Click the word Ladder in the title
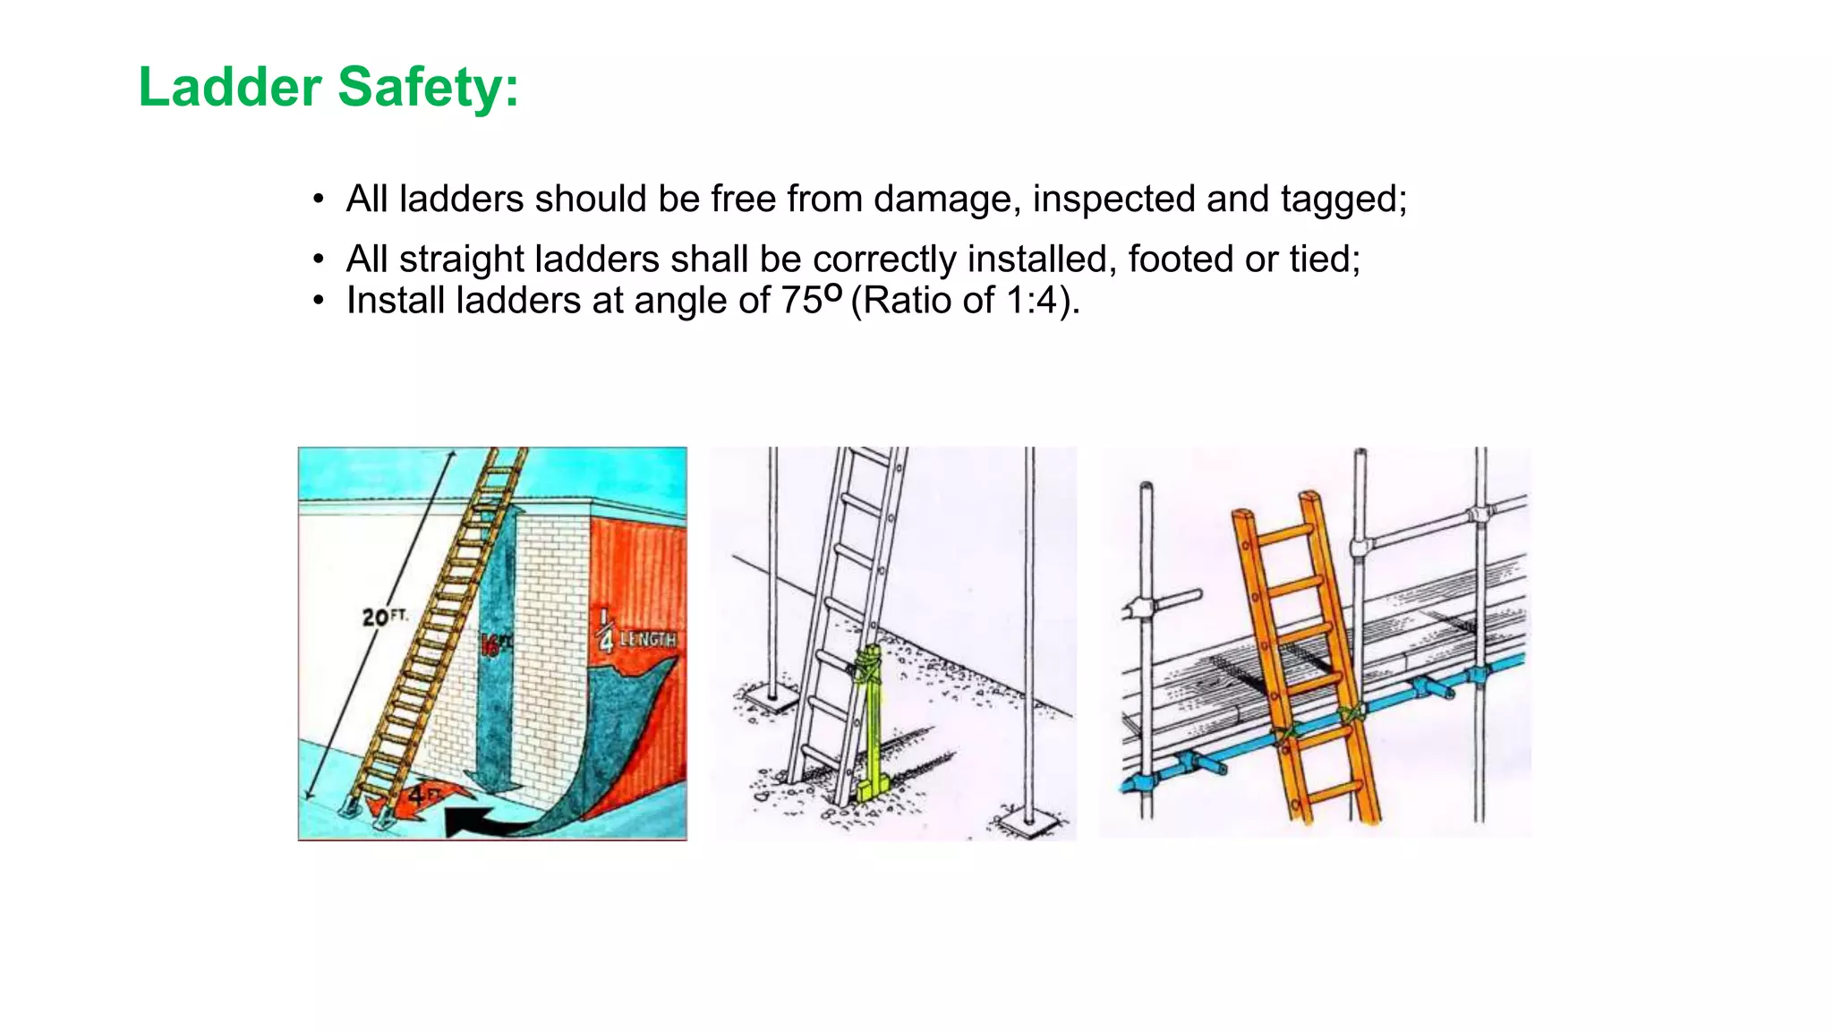tap(230, 88)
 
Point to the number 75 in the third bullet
tap(801, 301)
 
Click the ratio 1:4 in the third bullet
tap(1031, 301)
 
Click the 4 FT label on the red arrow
tap(424, 794)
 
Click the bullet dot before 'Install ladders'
tap(319, 302)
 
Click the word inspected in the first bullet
tap(1113, 199)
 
